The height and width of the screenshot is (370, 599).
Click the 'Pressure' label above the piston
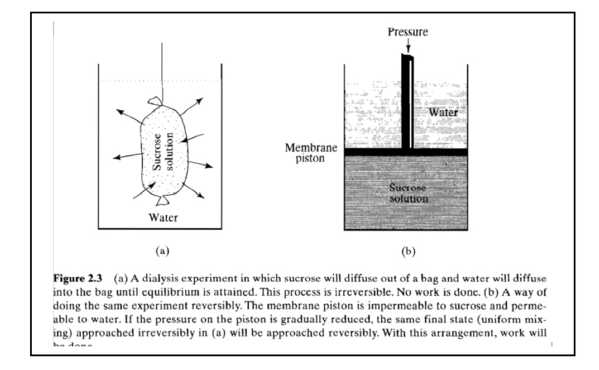pos(408,32)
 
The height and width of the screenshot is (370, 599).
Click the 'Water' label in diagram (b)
pos(443,111)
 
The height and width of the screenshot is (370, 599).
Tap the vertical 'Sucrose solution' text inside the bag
pos(162,151)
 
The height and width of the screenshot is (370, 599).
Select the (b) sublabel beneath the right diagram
pos(408,251)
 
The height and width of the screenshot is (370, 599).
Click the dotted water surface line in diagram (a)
pos(129,81)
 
